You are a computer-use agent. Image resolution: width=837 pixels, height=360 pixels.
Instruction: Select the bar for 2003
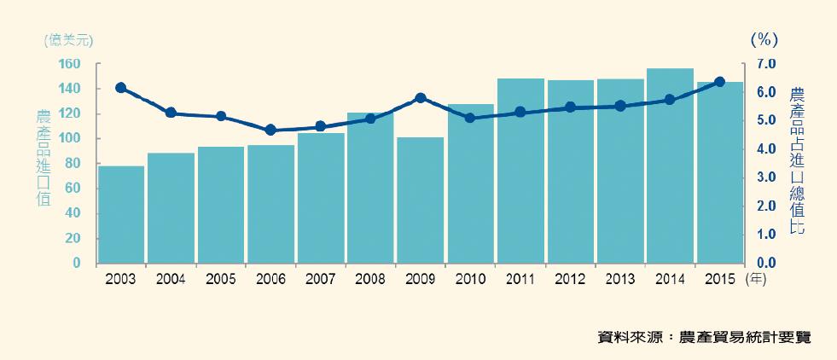pos(121,214)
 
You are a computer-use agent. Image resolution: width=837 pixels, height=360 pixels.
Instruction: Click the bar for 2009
pos(421,200)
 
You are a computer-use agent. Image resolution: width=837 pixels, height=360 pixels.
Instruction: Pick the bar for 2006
pos(271,204)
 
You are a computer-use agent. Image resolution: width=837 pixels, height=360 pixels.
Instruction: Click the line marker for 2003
pos(121,88)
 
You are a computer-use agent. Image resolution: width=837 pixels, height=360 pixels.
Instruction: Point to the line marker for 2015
pos(719,82)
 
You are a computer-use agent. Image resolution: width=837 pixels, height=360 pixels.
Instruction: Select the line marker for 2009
pos(421,98)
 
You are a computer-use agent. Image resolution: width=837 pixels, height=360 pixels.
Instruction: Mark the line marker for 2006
pos(270,131)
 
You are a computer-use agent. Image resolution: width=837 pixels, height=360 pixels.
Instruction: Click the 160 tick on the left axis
pos(70,64)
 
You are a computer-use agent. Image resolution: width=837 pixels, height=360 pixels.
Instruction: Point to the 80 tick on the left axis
pos(73,164)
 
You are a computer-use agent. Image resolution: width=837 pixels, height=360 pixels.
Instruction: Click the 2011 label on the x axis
pos(520,279)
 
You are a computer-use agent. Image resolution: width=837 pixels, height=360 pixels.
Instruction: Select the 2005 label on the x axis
pos(221,279)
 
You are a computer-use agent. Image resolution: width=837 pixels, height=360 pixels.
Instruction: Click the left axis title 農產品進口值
pos(43,158)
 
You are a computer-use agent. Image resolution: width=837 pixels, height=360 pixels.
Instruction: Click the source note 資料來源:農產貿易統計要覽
pos(705,338)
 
